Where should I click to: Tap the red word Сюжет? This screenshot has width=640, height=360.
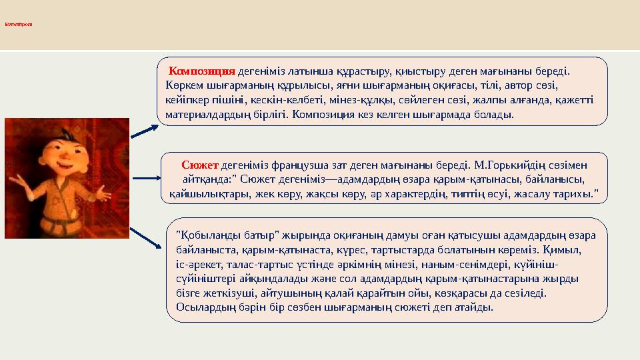(200, 164)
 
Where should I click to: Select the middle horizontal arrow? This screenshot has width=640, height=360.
(145, 179)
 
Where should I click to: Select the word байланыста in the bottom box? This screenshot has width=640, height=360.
(203, 249)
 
